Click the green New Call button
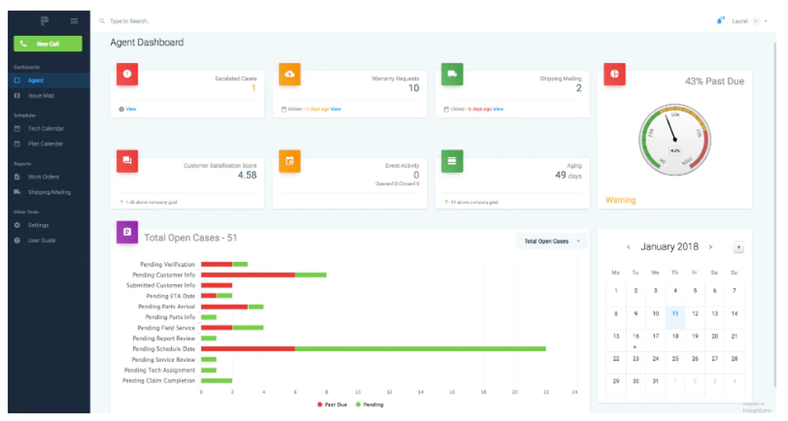coord(48,44)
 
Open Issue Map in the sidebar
coord(41,95)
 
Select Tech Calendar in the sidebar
coord(46,128)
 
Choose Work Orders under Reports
coord(43,176)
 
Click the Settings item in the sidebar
coord(38,225)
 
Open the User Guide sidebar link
coord(42,240)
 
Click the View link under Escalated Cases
coord(131,109)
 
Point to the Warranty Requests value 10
coord(413,88)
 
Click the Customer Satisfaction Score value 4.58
coord(247,175)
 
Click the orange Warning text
coord(620,201)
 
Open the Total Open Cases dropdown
coord(552,242)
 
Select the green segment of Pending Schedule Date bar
coord(420,349)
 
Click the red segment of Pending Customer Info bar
coord(247,275)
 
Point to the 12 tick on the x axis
coord(388,392)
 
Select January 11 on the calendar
coord(675,313)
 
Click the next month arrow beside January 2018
coord(710,247)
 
